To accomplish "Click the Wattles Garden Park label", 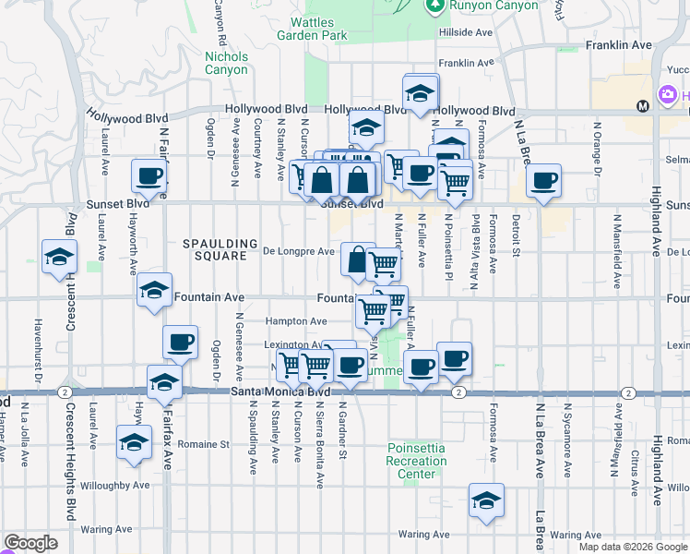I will point(313,29).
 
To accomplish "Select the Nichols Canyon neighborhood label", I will point(225,63).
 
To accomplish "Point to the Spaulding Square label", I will point(220,249).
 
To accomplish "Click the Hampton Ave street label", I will point(295,321).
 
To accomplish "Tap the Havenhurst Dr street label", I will point(38,350).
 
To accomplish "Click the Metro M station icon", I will point(642,105).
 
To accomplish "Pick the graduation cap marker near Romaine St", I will point(135,442).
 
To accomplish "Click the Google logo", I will point(30,543).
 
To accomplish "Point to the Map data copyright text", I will point(633,547).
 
